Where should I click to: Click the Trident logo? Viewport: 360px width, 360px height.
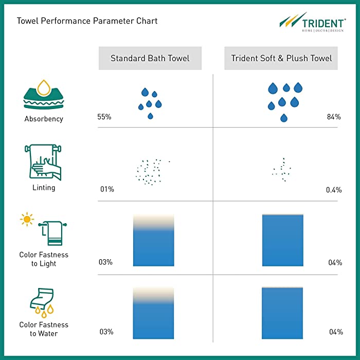click(313, 22)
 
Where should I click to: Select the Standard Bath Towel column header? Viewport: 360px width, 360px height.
click(150, 58)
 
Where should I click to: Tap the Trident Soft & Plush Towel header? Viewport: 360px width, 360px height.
click(281, 58)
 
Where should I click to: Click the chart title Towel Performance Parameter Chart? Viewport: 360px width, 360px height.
click(87, 21)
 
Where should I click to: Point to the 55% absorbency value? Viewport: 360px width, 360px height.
click(104, 117)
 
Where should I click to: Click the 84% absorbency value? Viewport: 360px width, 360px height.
click(334, 117)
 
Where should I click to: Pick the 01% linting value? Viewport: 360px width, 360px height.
click(107, 189)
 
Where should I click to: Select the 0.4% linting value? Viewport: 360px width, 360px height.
click(334, 190)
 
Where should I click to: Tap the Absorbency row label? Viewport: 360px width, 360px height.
click(44, 119)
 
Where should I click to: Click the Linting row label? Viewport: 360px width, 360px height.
click(44, 188)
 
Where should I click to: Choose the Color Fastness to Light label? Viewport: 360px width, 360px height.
click(44, 259)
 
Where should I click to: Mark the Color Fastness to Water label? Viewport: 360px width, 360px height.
click(44, 329)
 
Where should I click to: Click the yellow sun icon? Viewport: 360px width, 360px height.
click(27, 219)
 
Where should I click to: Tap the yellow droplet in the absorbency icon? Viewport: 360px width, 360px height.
click(44, 88)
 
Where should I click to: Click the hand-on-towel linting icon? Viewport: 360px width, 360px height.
click(43, 162)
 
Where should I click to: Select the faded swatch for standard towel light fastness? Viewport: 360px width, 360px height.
click(154, 240)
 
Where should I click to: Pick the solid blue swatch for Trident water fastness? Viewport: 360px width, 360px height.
click(282, 313)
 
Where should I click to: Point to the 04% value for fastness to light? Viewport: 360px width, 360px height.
click(335, 262)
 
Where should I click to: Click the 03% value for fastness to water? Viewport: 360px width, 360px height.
click(106, 332)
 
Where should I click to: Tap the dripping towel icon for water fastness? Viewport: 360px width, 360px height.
click(42, 302)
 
